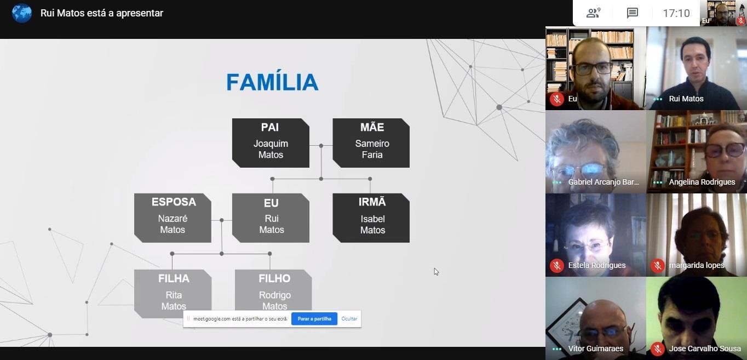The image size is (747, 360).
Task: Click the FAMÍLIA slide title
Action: click(x=272, y=82)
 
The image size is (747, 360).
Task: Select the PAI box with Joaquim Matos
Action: click(x=271, y=143)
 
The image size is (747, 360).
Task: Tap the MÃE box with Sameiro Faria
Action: click(x=371, y=143)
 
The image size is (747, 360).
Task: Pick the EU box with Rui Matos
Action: click(x=271, y=218)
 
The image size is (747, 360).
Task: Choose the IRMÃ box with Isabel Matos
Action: click(x=371, y=218)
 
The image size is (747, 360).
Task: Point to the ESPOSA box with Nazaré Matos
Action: click(x=173, y=218)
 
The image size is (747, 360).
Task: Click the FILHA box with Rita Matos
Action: click(x=173, y=293)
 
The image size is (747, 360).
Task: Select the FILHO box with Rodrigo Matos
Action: click(x=273, y=291)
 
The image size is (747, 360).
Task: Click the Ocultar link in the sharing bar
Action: click(x=349, y=319)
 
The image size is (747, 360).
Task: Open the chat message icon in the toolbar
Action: click(x=633, y=13)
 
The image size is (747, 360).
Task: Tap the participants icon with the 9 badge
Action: click(x=593, y=13)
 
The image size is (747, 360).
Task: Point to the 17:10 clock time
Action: click(x=676, y=13)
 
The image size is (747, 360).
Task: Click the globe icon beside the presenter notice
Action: click(x=22, y=13)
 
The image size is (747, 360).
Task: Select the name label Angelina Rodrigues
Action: click(x=702, y=182)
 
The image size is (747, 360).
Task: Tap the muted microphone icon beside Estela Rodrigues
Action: click(x=557, y=265)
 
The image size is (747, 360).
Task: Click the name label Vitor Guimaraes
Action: click(x=596, y=348)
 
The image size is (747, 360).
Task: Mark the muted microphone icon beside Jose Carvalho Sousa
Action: click(x=658, y=348)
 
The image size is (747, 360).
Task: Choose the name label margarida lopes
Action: click(x=696, y=265)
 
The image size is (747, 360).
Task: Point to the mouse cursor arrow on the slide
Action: click(x=436, y=271)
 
